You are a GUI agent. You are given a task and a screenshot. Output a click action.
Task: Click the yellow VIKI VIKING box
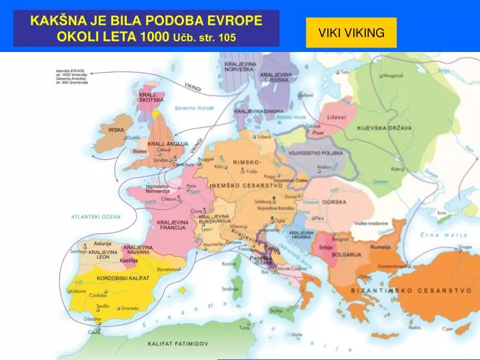coord(351,33)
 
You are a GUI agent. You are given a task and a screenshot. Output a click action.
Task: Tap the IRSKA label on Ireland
coord(116,129)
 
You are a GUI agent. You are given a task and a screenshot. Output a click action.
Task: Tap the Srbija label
coord(325,247)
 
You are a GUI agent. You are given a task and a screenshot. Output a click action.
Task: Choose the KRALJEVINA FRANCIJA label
coord(172,225)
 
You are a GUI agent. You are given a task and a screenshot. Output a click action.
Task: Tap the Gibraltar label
coord(93,319)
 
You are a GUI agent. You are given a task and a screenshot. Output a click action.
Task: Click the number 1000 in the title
coord(154,36)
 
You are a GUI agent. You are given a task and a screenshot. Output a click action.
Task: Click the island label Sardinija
coord(230,289)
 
